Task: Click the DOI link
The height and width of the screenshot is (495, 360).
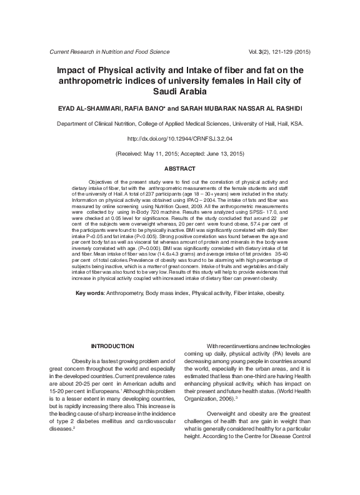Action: (x=180, y=138)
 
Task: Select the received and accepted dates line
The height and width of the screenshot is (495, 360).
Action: (x=180, y=153)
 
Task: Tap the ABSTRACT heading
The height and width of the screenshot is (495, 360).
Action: (x=180, y=169)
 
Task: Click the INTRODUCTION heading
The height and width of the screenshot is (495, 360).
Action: (x=112, y=346)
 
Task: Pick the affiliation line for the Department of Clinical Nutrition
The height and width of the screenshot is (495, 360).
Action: (x=180, y=124)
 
